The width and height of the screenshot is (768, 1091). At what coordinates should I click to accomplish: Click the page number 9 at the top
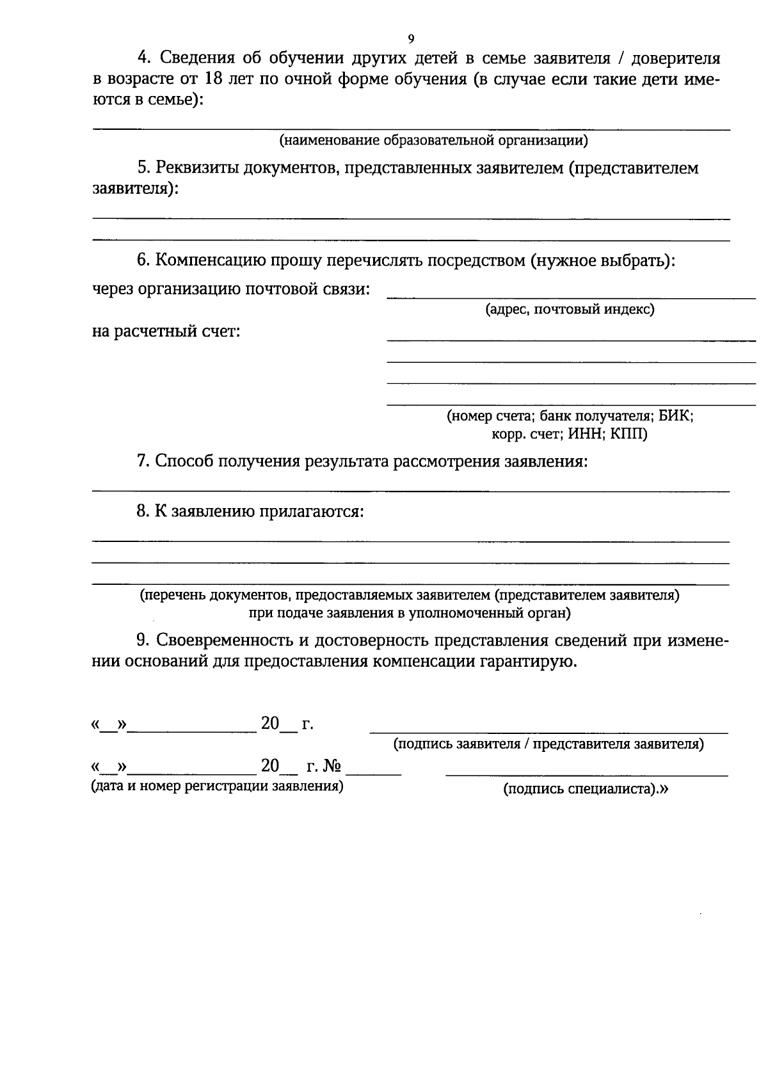click(x=410, y=38)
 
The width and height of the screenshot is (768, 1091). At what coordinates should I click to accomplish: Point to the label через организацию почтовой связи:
click(x=231, y=289)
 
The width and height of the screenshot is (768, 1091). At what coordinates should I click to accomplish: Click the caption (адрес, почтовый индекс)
click(x=570, y=310)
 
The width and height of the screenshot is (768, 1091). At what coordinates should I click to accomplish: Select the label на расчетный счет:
click(x=166, y=331)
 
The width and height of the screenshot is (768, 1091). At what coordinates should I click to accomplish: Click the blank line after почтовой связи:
click(x=571, y=298)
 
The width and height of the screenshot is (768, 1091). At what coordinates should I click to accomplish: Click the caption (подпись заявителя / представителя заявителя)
click(x=548, y=744)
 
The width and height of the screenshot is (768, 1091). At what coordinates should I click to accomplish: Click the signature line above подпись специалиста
click(x=586, y=776)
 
